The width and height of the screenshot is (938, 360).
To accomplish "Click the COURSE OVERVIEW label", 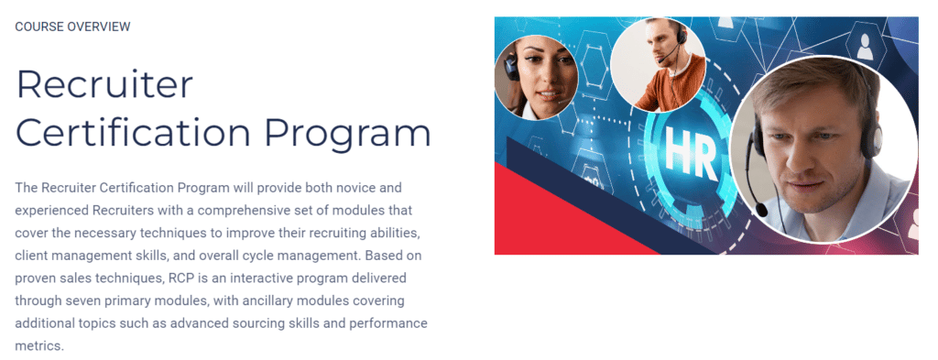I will pos(72,27).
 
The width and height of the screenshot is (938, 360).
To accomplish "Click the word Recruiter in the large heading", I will pos(104,86).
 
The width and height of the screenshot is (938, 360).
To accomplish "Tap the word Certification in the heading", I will pos(127,133).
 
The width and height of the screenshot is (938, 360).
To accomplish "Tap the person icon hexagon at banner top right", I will pos(864,40).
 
